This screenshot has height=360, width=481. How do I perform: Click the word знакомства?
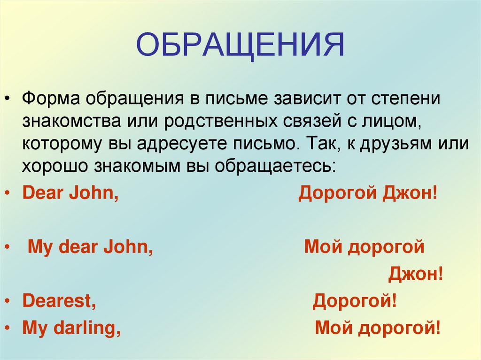pos(71,122)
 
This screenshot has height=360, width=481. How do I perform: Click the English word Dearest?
pos(59,301)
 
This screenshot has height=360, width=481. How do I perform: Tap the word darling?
pos(88,328)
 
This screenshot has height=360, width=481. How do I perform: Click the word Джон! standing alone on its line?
pos(416,274)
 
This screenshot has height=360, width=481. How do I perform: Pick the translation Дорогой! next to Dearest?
pos(355,301)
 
